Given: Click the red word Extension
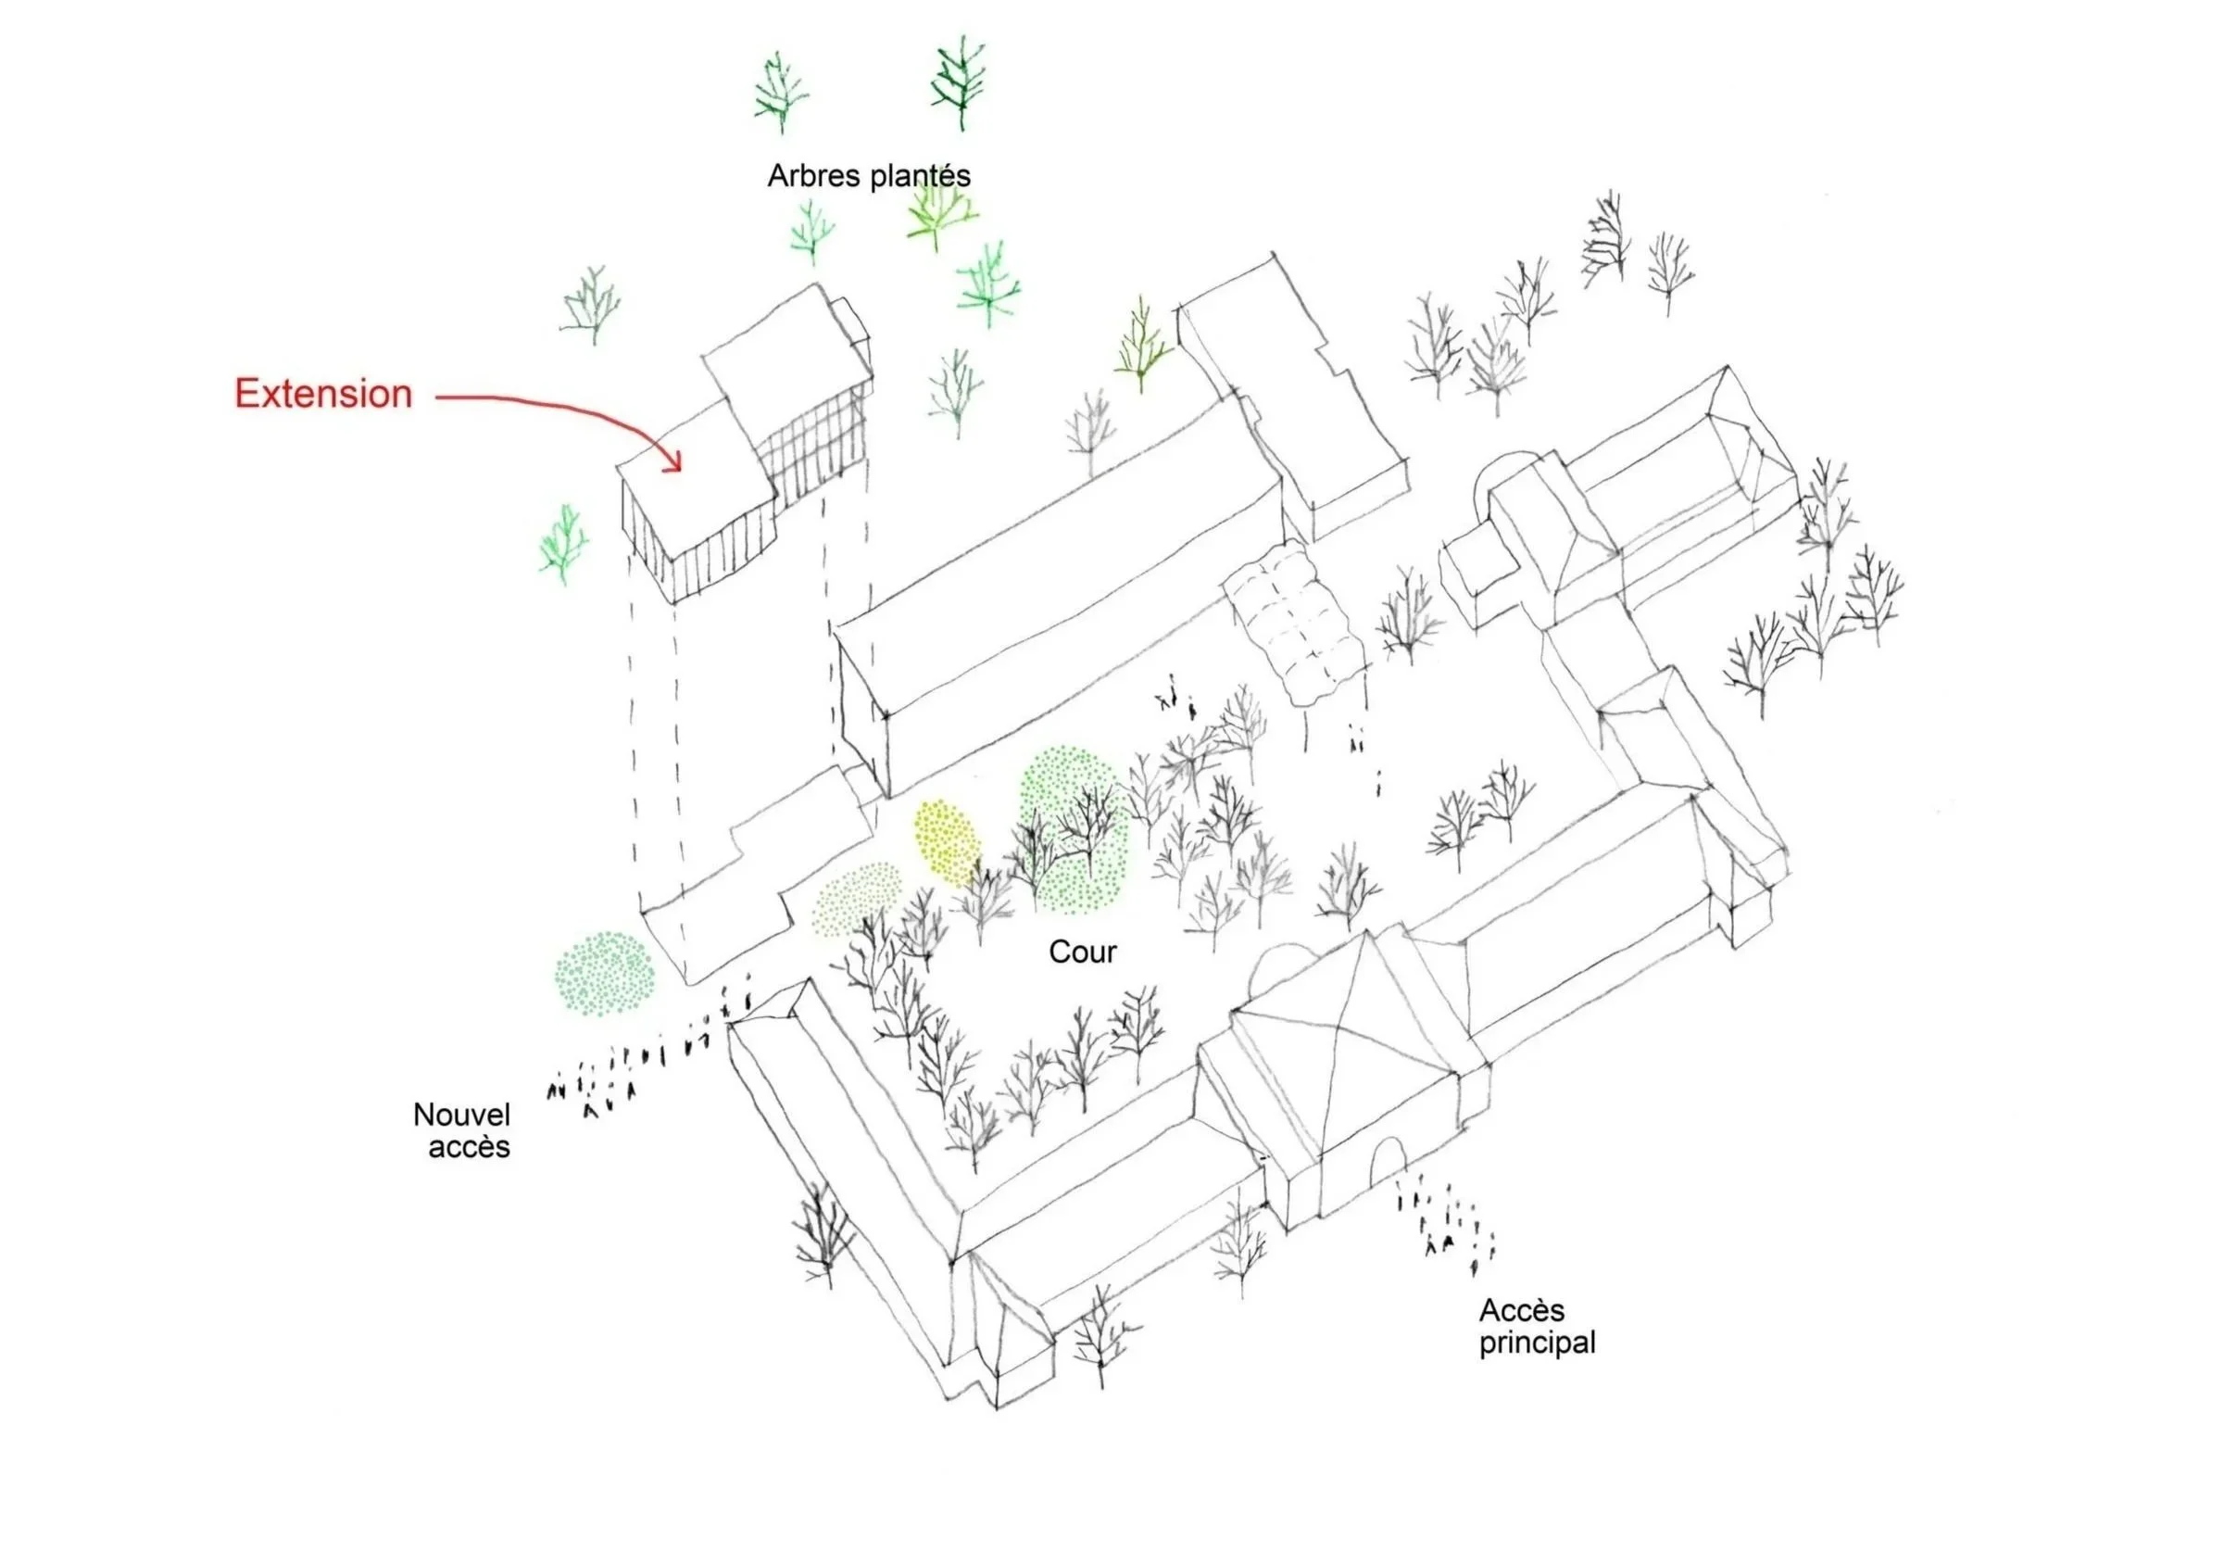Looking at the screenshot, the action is (323, 394).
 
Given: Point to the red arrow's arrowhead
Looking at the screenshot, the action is (672, 462).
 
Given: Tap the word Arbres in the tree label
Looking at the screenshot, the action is (814, 175).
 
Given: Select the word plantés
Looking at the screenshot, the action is (921, 176).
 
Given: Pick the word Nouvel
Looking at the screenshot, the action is (462, 1115).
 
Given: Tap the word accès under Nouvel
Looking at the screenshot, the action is (469, 1147).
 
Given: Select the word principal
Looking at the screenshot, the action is (1538, 1343).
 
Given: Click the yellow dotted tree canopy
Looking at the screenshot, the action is (945, 841).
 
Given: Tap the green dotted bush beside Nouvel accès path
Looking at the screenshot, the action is (604, 974).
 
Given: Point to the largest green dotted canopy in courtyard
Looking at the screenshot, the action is (1074, 829).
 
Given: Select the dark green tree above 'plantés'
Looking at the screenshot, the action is (959, 83).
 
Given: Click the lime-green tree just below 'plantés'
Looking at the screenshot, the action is (939, 214).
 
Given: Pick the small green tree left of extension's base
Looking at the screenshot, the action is (563, 544).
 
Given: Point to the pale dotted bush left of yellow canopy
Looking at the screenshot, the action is (858, 899).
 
